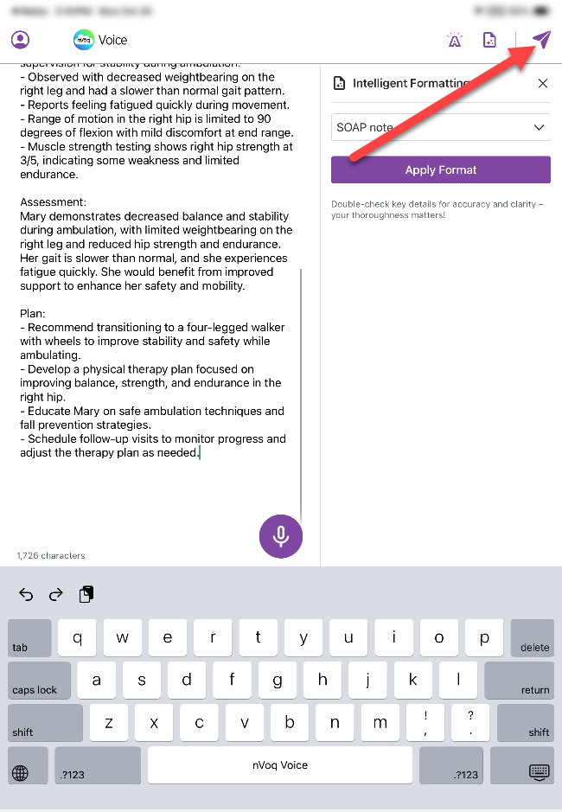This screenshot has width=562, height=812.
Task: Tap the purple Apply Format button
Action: (x=440, y=169)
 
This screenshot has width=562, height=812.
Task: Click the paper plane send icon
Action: (x=541, y=40)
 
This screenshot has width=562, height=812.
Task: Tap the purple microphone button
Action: (x=281, y=536)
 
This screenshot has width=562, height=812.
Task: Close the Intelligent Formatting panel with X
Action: (x=543, y=84)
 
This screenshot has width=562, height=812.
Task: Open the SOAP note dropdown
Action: (x=440, y=127)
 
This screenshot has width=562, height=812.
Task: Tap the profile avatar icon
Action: (x=20, y=40)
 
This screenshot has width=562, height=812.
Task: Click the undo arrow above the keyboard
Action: (x=26, y=594)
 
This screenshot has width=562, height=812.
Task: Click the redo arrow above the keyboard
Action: (x=56, y=594)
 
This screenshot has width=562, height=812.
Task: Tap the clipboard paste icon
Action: (x=86, y=594)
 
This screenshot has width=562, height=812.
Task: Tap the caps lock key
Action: (x=39, y=681)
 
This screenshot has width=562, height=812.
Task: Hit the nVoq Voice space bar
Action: (x=280, y=764)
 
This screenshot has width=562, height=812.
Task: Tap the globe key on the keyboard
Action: (x=21, y=773)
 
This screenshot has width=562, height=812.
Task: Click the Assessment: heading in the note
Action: (x=53, y=202)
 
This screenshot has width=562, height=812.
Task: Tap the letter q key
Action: (x=78, y=638)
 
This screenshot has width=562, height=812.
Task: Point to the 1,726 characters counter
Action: (x=51, y=555)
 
